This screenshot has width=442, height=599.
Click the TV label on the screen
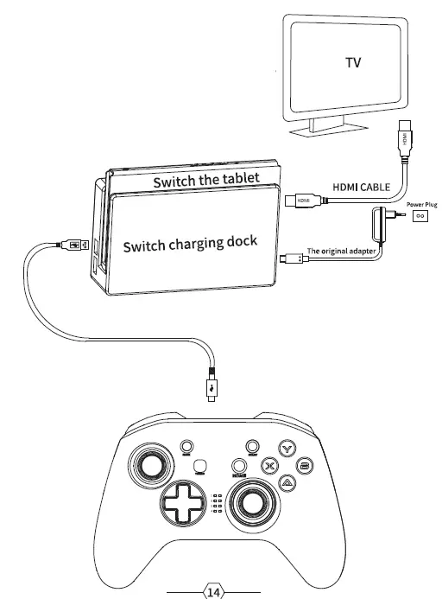coord(352,63)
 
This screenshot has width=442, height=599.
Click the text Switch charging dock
coord(190,245)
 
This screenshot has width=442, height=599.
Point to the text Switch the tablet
coord(205,181)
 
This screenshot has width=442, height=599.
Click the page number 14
coord(212,592)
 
